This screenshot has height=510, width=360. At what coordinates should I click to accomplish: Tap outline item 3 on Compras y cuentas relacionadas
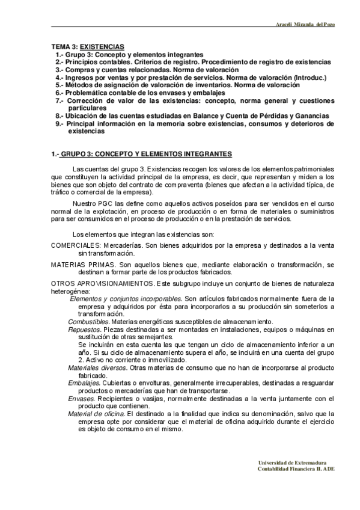(138, 70)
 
